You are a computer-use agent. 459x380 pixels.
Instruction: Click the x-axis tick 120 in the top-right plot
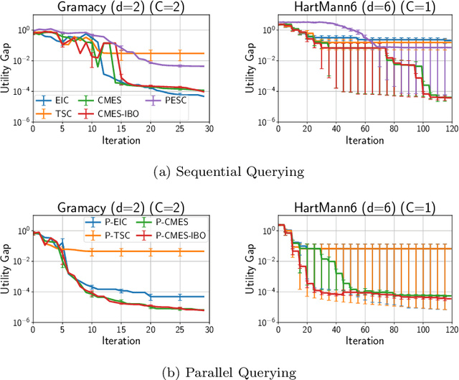444,129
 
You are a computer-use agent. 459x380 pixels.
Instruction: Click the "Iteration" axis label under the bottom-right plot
361,340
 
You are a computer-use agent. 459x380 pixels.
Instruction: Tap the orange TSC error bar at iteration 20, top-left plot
151,53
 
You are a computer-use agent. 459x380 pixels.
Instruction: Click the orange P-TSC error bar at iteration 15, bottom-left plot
121,251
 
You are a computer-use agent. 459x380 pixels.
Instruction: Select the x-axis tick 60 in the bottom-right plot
361,330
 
